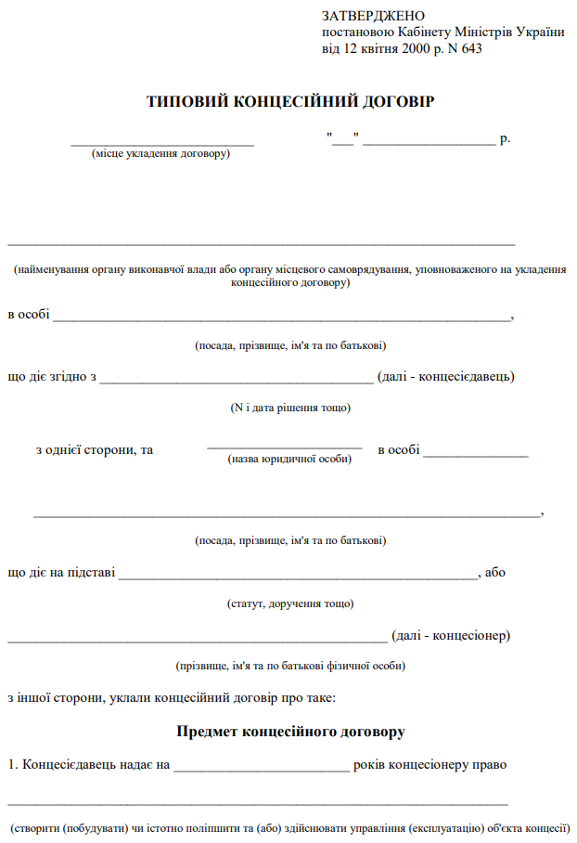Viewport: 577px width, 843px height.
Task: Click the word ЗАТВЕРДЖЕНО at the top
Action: click(x=373, y=16)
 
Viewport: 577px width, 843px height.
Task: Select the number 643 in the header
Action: click(x=471, y=49)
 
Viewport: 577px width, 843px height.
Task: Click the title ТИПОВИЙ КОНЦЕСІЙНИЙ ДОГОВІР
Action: click(x=290, y=101)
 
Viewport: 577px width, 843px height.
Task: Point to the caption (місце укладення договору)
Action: click(x=160, y=153)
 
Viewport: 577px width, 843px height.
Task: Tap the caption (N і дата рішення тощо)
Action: click(x=290, y=408)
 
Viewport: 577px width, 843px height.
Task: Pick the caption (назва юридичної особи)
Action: click(x=290, y=459)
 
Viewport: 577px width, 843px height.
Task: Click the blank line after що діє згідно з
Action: click(x=237, y=380)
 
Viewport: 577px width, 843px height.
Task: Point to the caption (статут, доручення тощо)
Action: click(x=290, y=603)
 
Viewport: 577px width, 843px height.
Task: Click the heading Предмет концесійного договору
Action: click(x=290, y=732)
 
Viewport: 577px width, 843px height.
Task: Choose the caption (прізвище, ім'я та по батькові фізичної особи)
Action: click(x=290, y=666)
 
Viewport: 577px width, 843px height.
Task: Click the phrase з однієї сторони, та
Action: click(x=95, y=450)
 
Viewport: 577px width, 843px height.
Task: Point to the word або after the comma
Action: click(x=495, y=573)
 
